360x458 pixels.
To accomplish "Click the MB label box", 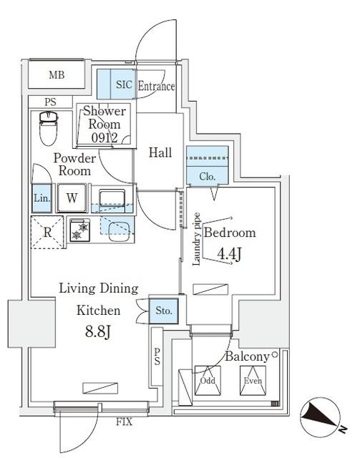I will coord(56,75).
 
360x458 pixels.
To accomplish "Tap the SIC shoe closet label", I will coord(123,84).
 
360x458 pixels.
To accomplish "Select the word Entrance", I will coord(155,87).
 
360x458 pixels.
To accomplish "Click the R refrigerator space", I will coord(47,233).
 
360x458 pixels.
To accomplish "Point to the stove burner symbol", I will coord(80,230).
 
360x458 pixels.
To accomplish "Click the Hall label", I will coord(159,152).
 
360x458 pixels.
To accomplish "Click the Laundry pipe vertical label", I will coord(196,239).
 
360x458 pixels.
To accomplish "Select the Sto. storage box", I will coord(163,311).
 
